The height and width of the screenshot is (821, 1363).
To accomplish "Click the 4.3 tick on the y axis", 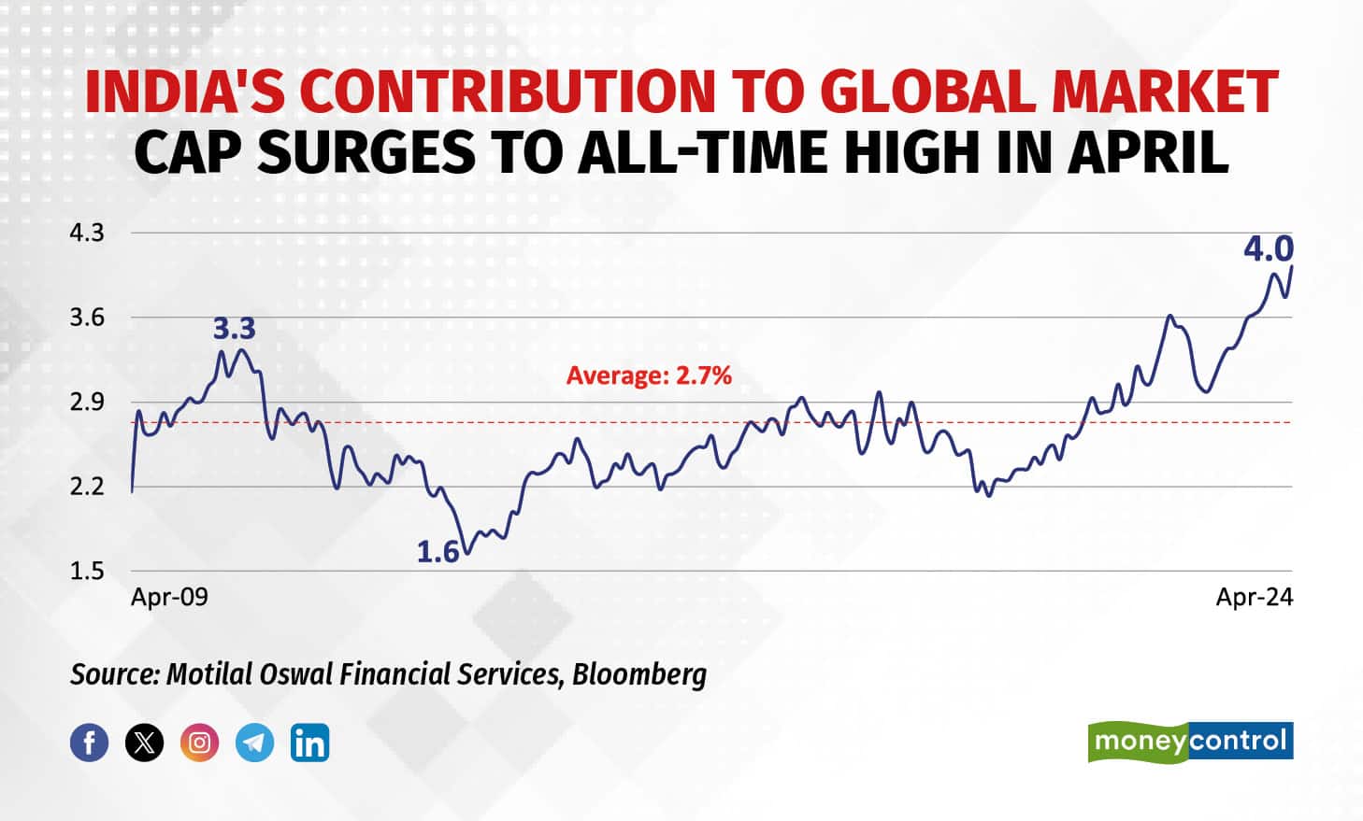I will pos(87,233).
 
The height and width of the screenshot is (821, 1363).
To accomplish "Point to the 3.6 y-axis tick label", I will pos(87,318).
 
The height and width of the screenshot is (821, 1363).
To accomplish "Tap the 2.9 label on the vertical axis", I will pos(87,403).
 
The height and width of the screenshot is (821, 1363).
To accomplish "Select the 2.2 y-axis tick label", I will pos(87,487).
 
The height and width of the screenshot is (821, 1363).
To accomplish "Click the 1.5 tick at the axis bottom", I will pos(87,571).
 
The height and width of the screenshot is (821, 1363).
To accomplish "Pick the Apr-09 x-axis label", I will pos(169,597).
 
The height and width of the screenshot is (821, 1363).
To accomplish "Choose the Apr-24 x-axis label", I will pos(1255,597).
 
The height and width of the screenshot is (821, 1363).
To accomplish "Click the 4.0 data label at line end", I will pos(1268,248).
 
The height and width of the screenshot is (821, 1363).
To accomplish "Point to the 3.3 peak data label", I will pos(234,329).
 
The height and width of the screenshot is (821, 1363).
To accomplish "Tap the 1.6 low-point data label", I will pos(438,553).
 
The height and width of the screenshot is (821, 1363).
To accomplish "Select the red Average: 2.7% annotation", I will pos(649,375).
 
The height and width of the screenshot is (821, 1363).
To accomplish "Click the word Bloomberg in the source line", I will pos(639,673).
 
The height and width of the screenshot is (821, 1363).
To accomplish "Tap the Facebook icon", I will pos(90,743).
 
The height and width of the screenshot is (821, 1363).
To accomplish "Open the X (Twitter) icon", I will pos(144,743).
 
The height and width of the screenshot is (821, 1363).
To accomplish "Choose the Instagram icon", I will pos(199,743).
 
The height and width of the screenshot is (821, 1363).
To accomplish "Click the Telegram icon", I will pos(254,743).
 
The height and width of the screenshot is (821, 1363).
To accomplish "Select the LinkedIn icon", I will pos(309,743).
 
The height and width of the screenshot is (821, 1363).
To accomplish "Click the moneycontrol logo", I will pos(1190,742).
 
